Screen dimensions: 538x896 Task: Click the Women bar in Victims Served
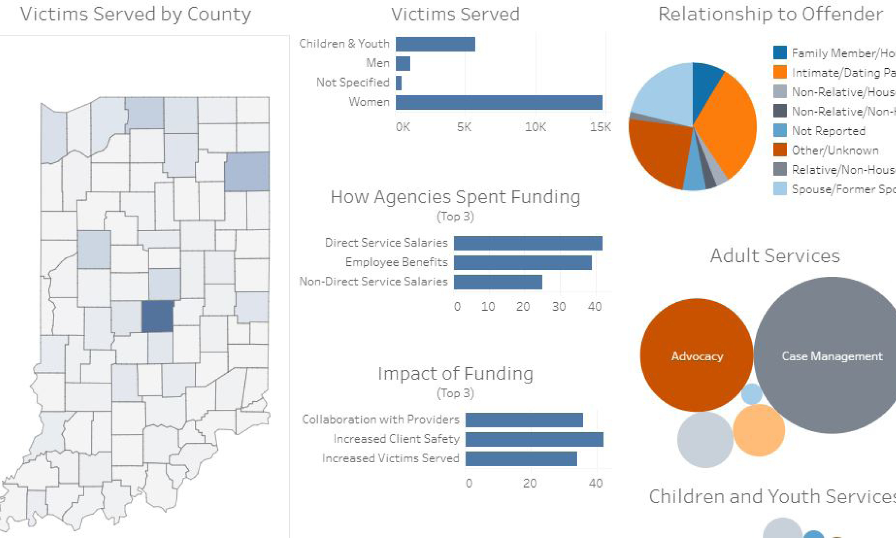coord(499,102)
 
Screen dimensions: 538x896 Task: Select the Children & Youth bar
coord(435,44)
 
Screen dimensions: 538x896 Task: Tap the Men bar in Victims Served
coord(403,64)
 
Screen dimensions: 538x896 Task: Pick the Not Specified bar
coord(399,83)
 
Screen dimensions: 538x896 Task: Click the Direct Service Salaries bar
coord(528,243)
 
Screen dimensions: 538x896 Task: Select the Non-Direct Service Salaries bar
coord(498,282)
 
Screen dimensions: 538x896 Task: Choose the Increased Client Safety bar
coord(534,439)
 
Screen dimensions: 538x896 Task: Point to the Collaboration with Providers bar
coord(524,420)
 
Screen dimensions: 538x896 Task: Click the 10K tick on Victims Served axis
coord(535,127)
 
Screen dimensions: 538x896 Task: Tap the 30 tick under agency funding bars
coord(559,306)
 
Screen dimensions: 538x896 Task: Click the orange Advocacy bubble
coord(696,356)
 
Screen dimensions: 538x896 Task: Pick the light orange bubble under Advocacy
coord(759,430)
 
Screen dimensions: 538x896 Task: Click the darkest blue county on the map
coord(157,316)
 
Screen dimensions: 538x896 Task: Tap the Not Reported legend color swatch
coord(780,130)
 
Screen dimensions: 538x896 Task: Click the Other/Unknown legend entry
coord(835,150)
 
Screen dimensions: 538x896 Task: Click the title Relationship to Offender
coord(770,14)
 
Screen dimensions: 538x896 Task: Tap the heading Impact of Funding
coord(455,374)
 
